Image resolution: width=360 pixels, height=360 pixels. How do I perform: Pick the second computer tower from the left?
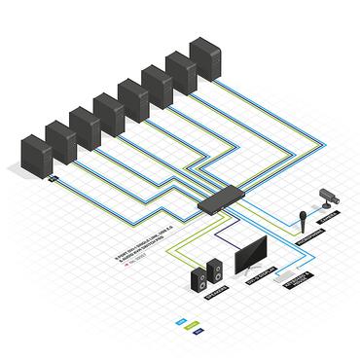pyautogui.click(x=59, y=140)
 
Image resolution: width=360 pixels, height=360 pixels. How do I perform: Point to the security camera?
pyautogui.click(x=328, y=198)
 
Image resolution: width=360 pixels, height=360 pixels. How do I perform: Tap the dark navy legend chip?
pyautogui.click(x=197, y=331)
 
